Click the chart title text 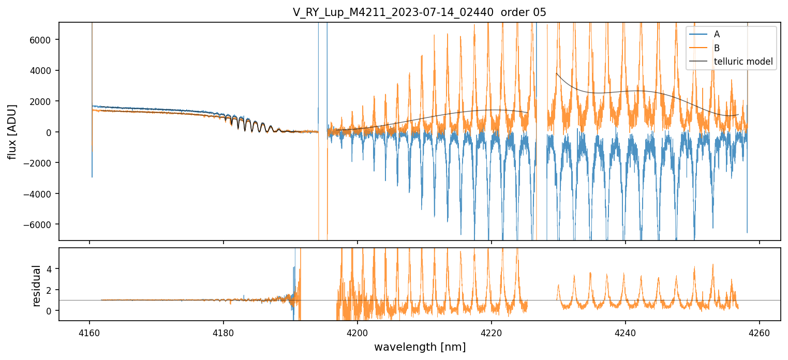(x=420, y=12)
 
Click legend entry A (x=717, y=34)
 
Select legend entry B (x=717, y=48)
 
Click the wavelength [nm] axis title (x=420, y=347)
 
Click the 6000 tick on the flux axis (x=44, y=40)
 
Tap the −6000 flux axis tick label (x=42, y=224)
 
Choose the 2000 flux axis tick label (x=44, y=101)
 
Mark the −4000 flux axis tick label (x=42, y=194)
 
